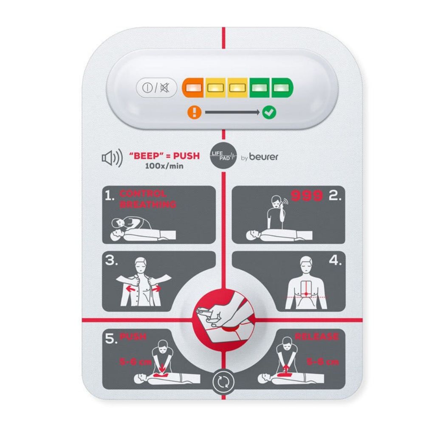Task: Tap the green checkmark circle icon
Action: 269,113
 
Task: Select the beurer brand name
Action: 264,157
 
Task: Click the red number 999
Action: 306,196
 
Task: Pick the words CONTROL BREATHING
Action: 147,199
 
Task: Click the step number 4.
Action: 335,261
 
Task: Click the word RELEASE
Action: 316,337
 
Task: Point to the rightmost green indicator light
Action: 280,88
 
